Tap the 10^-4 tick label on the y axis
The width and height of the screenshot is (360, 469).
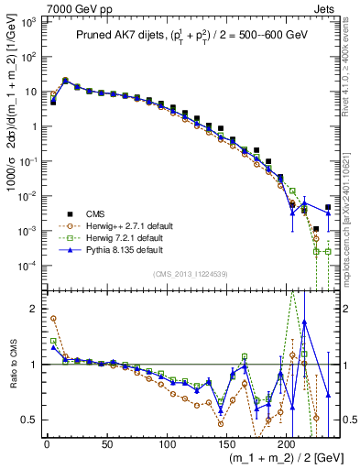(x=27, y=265)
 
